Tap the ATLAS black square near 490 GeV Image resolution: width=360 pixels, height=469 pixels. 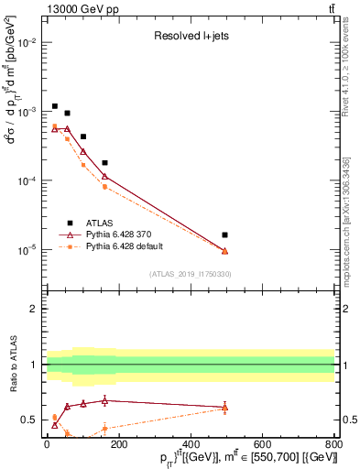pyautogui.click(x=225, y=235)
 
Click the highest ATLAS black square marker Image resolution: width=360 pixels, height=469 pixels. pyautogui.click(x=55, y=106)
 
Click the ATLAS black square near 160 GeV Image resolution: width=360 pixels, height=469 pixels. pyautogui.click(x=104, y=163)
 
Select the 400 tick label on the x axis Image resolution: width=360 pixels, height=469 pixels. pyautogui.click(x=191, y=445)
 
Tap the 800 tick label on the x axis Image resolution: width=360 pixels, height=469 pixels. pyautogui.click(x=334, y=445)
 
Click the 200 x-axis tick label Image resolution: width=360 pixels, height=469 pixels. pyautogui.click(x=119, y=445)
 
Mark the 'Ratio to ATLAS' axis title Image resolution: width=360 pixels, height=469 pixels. pyautogui.click(x=12, y=365)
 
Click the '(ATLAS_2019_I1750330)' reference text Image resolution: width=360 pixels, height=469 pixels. pyautogui.click(x=191, y=274)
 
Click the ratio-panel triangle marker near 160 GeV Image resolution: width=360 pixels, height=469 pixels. pyautogui.click(x=104, y=400)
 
